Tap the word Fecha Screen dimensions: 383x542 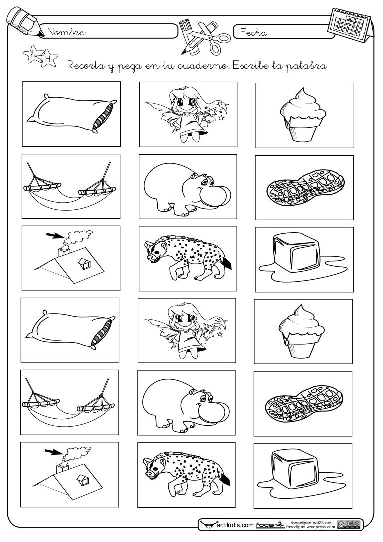(254, 33)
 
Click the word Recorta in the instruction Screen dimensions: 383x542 (82, 65)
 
